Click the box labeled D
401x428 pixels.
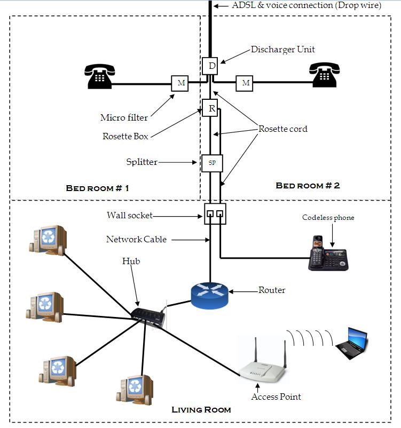tap(211, 66)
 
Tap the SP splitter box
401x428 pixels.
tap(211, 163)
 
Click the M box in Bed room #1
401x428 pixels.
tap(180, 83)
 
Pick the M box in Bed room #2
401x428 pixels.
tap(245, 83)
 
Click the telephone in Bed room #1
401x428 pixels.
tap(99, 76)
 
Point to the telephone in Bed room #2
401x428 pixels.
tap(325, 76)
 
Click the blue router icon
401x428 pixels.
tap(210, 295)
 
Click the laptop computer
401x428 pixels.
tap(352, 342)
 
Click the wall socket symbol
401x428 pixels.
tap(215, 214)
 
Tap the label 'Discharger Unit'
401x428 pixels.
tap(282, 50)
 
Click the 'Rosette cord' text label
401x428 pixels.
tap(282, 129)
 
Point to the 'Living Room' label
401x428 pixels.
tap(201, 410)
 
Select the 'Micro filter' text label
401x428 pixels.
tap(124, 117)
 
